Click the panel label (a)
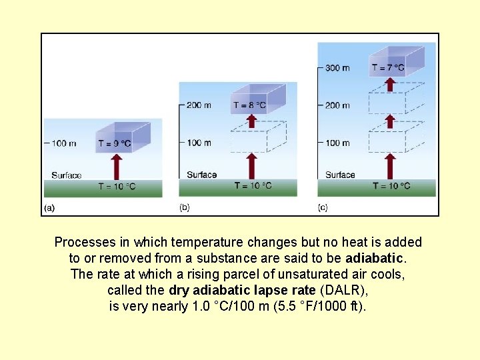pos(49,207)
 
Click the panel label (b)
pos(185,207)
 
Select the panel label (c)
pos(323,207)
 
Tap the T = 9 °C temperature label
pos(115,143)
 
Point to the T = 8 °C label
pos(249,105)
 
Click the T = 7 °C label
pos(388,67)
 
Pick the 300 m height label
pos(337,68)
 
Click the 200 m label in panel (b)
pos(199,105)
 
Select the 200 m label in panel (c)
pos(337,105)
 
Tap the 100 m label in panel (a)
pos(62,143)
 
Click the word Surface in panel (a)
pos(66,175)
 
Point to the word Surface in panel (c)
pos(340,175)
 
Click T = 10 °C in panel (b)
pos(253,185)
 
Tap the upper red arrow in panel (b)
pos(251,119)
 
